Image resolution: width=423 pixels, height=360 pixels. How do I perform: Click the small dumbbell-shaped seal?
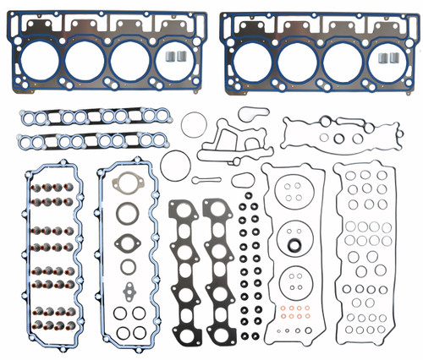(205, 181)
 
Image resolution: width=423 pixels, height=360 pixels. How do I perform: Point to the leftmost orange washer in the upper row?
(282, 308)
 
